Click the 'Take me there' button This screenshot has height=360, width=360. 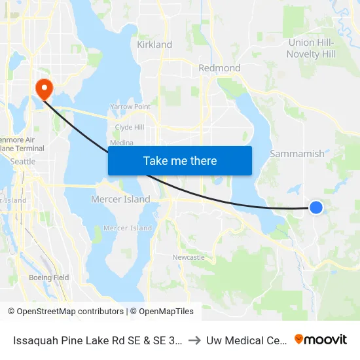click(179, 160)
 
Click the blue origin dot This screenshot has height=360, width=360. click(315, 207)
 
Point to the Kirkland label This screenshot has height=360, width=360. click(154, 45)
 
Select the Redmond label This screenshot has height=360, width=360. click(219, 68)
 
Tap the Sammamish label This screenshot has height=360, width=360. click(297, 154)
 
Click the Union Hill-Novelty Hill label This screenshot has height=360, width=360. click(311, 48)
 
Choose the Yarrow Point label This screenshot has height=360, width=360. click(130, 106)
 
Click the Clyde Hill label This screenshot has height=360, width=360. click(129, 127)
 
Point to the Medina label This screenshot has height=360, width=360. click(122, 143)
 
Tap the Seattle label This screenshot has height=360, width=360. click(23, 162)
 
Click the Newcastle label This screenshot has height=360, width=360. click(189, 257)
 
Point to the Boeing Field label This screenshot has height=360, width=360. click(49, 278)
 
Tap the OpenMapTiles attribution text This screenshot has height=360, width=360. click(166, 312)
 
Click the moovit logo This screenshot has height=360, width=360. click(320, 340)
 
